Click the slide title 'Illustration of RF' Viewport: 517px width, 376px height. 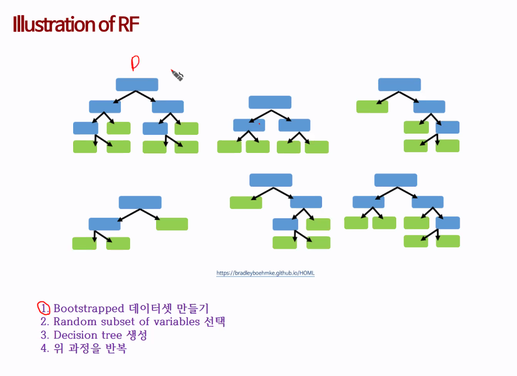pos(76,24)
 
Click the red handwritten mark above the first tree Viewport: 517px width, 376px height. pos(135,63)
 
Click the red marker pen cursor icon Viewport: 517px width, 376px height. pos(177,75)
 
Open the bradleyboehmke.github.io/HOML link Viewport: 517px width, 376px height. pos(266,273)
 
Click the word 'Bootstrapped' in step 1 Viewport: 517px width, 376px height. pos(89,309)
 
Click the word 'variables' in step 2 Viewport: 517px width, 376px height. pos(175,322)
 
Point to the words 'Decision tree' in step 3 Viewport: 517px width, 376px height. pos(88,335)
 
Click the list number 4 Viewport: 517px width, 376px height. pos(45,349)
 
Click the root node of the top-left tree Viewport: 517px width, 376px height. pos(137,85)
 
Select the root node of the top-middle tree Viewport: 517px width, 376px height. pos(270,102)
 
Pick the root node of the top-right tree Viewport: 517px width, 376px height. pos(399,85)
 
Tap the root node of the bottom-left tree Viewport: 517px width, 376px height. pos(140,202)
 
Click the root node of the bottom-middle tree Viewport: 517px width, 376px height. pos(271,180)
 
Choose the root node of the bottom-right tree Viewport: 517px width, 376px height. pos(396,180)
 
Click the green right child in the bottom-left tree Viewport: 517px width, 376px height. pos(172,224)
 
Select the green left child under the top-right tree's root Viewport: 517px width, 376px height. pos(372,107)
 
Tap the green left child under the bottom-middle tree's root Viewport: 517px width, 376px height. pos(246,202)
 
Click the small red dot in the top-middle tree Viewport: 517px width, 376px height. pos(259,124)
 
